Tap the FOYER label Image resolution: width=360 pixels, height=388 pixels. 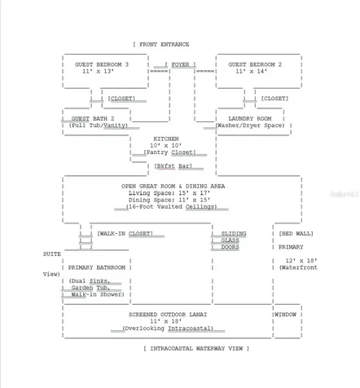tap(181, 64)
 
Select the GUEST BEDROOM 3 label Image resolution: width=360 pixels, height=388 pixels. tap(102, 64)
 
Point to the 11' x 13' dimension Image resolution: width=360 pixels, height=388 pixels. tap(99, 72)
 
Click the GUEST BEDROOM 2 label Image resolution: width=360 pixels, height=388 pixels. tap(255, 64)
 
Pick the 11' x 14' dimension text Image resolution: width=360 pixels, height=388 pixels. tap(252, 72)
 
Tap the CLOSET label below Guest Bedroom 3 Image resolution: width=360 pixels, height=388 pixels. tap(121, 99)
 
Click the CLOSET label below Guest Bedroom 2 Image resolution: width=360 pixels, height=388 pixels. tap(274, 99)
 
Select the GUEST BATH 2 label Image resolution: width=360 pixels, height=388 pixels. tap(93, 119)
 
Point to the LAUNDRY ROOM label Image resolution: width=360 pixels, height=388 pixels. tap(250, 119)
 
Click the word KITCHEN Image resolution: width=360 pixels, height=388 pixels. tap(166, 139)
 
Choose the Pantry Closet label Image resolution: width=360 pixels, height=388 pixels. tap(169, 152)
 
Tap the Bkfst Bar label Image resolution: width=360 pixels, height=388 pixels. tap(173, 166)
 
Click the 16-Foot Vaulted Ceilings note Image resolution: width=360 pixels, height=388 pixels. tap(171, 207)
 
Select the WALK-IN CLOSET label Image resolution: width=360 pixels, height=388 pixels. tap(125, 234)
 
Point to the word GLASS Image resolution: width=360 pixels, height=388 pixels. tap(230, 240)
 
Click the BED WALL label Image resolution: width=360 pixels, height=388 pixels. tap(296, 234)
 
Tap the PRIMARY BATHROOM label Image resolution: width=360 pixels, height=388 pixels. tap(97, 267)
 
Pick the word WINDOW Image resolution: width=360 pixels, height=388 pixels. tap(285, 315)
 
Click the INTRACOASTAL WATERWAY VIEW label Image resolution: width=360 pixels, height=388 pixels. tap(196, 349)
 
